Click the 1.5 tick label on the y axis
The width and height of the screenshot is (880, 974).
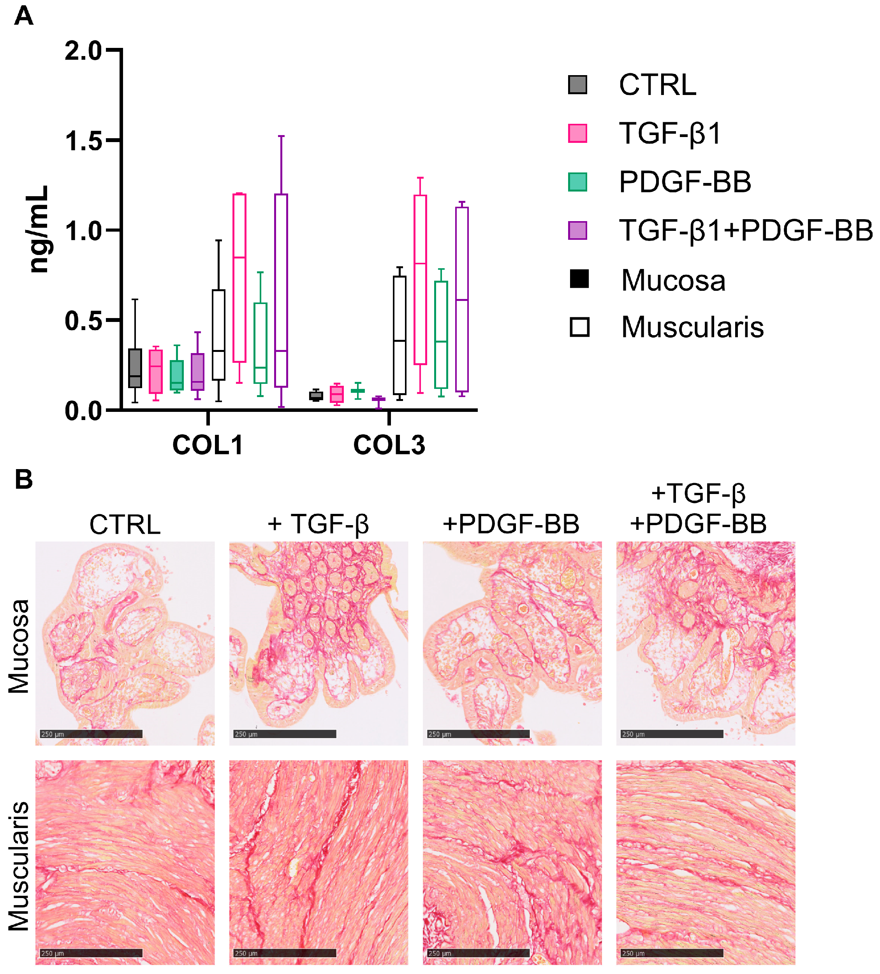(83, 141)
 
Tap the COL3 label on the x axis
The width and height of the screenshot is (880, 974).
(389, 445)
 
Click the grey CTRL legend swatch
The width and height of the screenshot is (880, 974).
(577, 84)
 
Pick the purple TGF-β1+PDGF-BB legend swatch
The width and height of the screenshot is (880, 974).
(577, 230)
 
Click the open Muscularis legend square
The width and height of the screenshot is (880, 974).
(579, 327)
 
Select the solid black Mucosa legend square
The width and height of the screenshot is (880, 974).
(579, 279)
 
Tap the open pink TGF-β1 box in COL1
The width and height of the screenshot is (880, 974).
(239, 278)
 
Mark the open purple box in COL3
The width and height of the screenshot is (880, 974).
(461, 299)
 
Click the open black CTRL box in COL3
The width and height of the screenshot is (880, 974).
(399, 335)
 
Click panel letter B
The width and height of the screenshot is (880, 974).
(23, 479)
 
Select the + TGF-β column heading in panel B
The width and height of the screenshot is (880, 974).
(318, 524)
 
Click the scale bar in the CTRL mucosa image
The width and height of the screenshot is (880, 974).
(91, 734)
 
